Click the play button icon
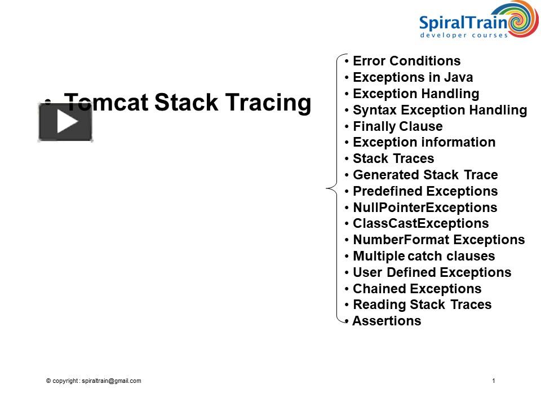[65, 122]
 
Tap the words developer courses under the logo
[464, 35]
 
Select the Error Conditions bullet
[406, 61]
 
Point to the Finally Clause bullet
[397, 126]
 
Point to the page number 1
[494, 381]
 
